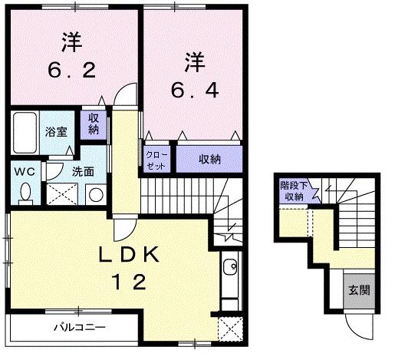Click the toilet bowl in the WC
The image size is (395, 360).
tap(27, 195)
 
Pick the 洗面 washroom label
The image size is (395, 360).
tap(83, 171)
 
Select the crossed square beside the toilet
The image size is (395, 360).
tap(61, 195)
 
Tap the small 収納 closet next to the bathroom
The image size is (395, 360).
tap(93, 124)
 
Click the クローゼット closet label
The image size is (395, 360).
tap(155, 159)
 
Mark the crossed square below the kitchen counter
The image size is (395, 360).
tap(229, 328)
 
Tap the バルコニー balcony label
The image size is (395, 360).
tap(79, 327)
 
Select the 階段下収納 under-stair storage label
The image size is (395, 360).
tap(291, 190)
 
